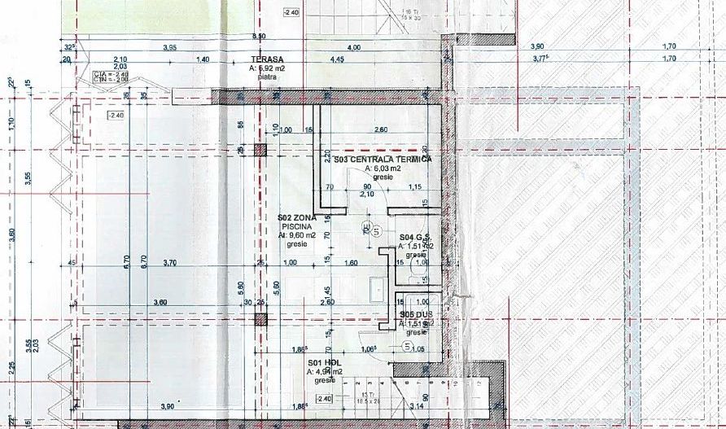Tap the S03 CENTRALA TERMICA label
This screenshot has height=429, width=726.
(382, 160)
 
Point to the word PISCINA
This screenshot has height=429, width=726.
(296, 226)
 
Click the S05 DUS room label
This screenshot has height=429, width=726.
(415, 314)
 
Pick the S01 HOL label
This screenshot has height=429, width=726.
(322, 363)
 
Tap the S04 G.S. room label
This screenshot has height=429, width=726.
(415, 238)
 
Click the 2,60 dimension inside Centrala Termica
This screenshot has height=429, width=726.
(379, 129)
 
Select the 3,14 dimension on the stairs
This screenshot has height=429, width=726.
(417, 405)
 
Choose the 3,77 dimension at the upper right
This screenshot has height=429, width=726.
(541, 59)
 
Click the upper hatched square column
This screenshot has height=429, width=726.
(260, 151)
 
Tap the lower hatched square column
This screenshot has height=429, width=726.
(260, 319)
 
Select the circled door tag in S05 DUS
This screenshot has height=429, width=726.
(407, 345)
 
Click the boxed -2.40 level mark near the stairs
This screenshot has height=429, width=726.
(325, 398)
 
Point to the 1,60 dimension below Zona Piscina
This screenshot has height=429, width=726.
(352, 263)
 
